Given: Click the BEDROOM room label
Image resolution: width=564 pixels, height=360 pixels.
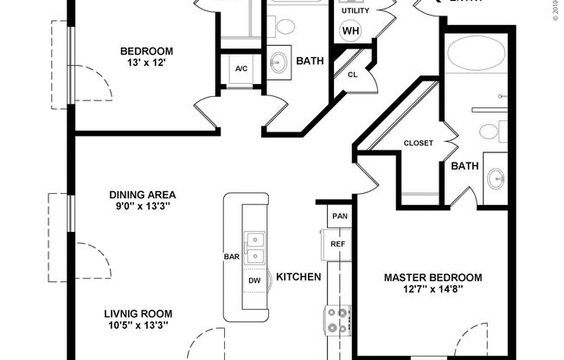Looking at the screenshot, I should [146, 51].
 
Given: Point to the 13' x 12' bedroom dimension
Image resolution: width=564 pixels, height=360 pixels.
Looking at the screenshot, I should [146, 63].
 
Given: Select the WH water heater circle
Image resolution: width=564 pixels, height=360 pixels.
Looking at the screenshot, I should [350, 31].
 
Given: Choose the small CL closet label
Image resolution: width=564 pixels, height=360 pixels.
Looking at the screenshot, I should [352, 74].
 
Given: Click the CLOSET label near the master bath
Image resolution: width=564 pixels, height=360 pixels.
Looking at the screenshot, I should [418, 143].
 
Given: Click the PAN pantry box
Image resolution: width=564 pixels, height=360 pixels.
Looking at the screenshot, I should [338, 215].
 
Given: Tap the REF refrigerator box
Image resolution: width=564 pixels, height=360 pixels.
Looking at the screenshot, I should [338, 244].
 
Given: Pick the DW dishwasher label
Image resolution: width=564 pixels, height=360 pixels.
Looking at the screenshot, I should [254, 281].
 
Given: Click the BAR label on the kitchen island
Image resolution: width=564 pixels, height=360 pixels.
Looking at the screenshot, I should [231, 257].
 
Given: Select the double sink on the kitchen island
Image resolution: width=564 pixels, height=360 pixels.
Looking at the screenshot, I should [254, 247].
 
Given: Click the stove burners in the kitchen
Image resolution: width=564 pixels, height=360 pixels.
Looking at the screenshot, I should [336, 320].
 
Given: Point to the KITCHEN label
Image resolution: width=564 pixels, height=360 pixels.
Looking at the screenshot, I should [298, 277].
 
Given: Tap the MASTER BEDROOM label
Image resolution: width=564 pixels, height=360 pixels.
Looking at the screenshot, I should [433, 278].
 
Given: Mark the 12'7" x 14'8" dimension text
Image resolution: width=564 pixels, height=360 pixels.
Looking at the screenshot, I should [433, 291].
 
